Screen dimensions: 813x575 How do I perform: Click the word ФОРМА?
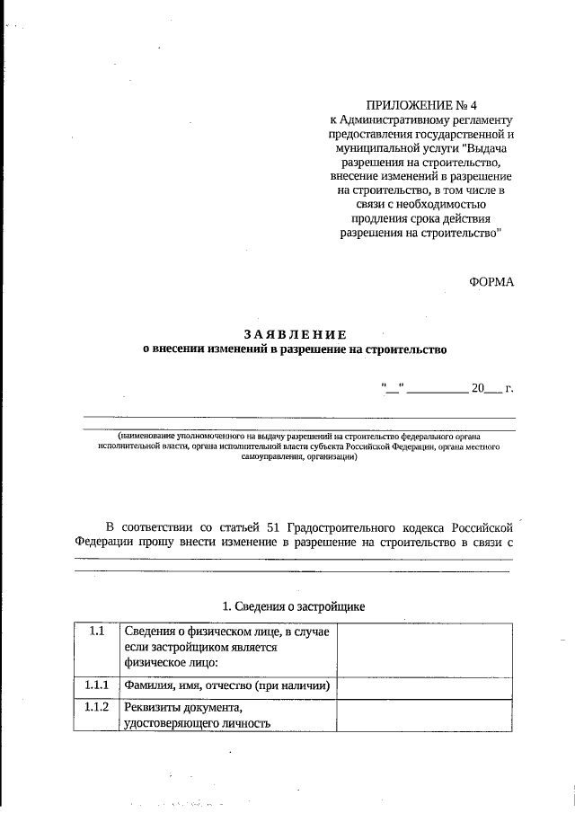pyautogui.click(x=491, y=281)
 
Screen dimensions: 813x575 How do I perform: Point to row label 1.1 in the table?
pyautogui.click(x=98, y=632)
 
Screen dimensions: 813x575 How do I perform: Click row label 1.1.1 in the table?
pyautogui.click(x=98, y=686)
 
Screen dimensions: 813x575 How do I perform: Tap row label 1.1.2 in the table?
pyautogui.click(x=98, y=707)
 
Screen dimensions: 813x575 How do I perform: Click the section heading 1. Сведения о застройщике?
pyautogui.click(x=294, y=606)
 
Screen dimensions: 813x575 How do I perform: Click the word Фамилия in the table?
pyautogui.click(x=151, y=687)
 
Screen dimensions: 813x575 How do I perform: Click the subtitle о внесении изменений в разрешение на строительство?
pyautogui.click(x=296, y=350)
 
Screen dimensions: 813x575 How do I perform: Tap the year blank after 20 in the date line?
pyautogui.click(x=491, y=389)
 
